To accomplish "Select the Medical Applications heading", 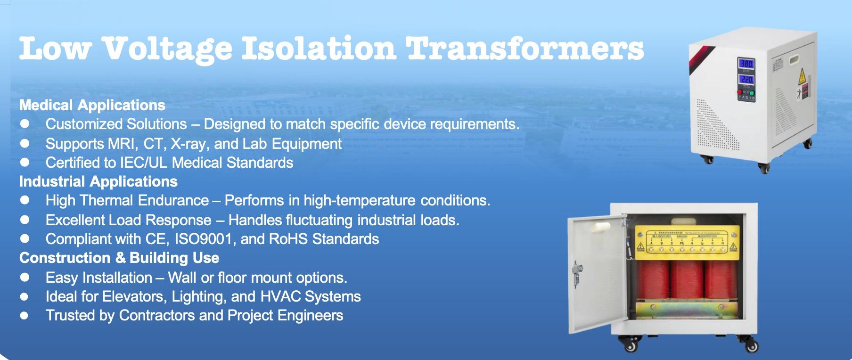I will (92, 105).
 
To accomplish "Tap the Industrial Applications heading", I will (98, 181).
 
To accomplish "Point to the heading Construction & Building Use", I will (119, 258).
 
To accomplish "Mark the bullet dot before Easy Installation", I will (25, 278).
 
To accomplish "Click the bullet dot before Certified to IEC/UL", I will (25, 163).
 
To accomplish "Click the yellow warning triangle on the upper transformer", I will (801, 77).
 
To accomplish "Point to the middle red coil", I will (687, 280).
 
